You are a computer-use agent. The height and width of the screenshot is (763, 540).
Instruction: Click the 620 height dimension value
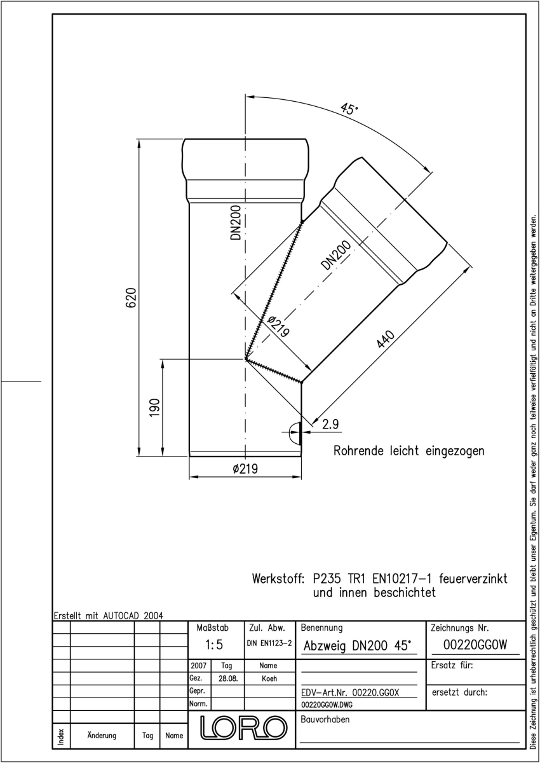click(x=132, y=298)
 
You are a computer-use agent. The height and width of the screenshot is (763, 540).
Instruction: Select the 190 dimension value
click(x=155, y=408)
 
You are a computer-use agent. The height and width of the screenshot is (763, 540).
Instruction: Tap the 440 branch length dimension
click(x=386, y=339)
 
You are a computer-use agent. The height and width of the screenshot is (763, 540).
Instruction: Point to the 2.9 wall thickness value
click(x=330, y=425)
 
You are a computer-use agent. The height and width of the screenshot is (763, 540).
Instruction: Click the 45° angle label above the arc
click(x=349, y=109)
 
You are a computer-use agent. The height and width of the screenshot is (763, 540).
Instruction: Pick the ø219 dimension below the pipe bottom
click(x=245, y=469)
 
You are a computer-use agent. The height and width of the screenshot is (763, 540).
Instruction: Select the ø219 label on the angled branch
click(x=279, y=326)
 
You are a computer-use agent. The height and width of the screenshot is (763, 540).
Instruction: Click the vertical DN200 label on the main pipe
click(x=236, y=223)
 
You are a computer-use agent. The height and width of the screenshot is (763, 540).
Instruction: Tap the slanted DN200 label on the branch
click(x=336, y=255)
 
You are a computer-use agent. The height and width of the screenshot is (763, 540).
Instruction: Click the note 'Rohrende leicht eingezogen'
click(x=408, y=451)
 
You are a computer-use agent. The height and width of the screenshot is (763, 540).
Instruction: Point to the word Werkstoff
click(x=278, y=579)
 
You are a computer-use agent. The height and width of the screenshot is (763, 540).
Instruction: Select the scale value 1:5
click(x=214, y=645)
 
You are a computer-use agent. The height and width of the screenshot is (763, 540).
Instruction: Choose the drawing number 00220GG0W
click(x=475, y=645)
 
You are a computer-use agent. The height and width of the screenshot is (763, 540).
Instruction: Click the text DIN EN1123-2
click(x=269, y=643)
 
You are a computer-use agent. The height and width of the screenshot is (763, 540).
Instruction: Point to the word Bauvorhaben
click(x=325, y=719)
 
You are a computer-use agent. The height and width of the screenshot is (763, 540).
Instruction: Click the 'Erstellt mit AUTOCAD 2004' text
click(x=109, y=615)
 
